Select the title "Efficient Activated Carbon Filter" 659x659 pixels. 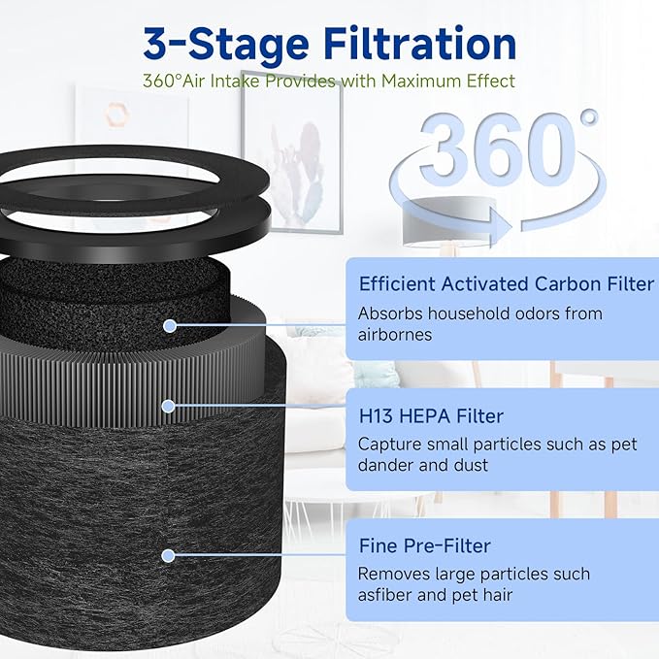point(507,284)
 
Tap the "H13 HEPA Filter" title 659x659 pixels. point(431,416)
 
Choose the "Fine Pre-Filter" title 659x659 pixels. point(424,545)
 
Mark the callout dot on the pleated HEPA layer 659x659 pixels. point(170,406)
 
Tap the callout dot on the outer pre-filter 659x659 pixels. point(169,555)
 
